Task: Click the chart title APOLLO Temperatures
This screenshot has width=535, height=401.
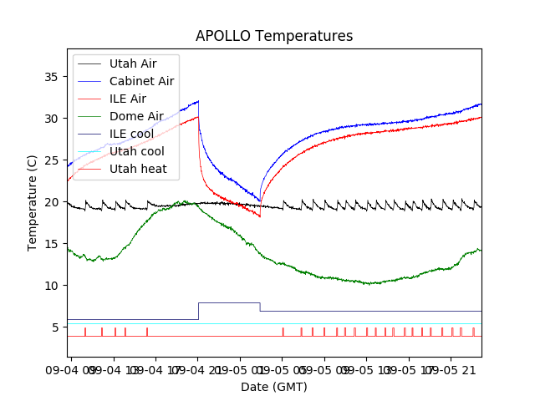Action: tap(274, 36)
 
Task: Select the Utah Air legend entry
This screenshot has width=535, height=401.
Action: tap(133, 63)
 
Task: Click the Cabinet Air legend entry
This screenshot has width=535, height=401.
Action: tap(141, 81)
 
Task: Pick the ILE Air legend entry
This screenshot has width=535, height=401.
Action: tap(127, 99)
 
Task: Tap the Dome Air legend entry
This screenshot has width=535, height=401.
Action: tap(136, 116)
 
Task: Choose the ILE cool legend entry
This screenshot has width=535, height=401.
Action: tap(131, 134)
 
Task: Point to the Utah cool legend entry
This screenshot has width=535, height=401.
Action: tap(136, 151)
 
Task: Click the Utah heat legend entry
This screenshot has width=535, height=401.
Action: tap(138, 169)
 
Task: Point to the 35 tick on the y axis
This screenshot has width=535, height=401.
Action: tap(51, 77)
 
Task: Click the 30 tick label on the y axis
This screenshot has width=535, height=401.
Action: tap(51, 119)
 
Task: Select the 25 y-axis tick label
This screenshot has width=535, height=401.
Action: tap(51, 160)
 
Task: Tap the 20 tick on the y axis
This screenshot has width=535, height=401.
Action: tap(51, 202)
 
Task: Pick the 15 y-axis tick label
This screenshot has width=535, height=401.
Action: tap(51, 244)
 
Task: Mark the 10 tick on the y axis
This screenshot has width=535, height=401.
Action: tap(51, 286)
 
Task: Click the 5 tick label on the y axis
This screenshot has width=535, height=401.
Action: tap(54, 327)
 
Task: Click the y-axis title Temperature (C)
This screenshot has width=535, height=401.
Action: tap(33, 203)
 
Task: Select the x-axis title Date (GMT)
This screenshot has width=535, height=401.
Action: tap(274, 387)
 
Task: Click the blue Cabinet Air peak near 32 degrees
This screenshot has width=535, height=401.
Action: tap(197, 101)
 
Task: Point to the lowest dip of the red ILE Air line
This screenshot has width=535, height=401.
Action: tap(259, 216)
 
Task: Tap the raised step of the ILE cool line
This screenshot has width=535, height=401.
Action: tap(229, 302)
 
